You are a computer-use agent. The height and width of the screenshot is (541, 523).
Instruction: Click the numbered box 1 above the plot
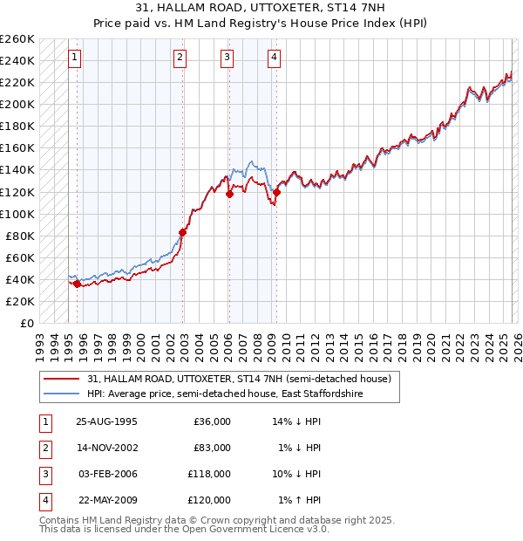tap(75, 58)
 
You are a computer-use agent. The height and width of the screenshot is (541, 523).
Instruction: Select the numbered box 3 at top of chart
tap(227, 58)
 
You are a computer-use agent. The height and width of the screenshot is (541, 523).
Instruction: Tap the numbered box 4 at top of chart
tap(274, 58)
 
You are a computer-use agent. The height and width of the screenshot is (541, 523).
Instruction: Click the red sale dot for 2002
tap(183, 232)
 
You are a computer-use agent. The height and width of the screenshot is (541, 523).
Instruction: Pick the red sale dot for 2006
tap(229, 194)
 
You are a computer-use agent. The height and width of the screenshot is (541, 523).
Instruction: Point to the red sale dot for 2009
tap(276, 192)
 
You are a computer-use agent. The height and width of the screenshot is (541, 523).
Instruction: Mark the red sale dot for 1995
tap(78, 284)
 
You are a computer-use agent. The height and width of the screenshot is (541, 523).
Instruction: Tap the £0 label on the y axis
tap(26, 323)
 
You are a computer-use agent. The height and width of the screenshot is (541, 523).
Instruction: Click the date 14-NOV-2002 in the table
tap(106, 448)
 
